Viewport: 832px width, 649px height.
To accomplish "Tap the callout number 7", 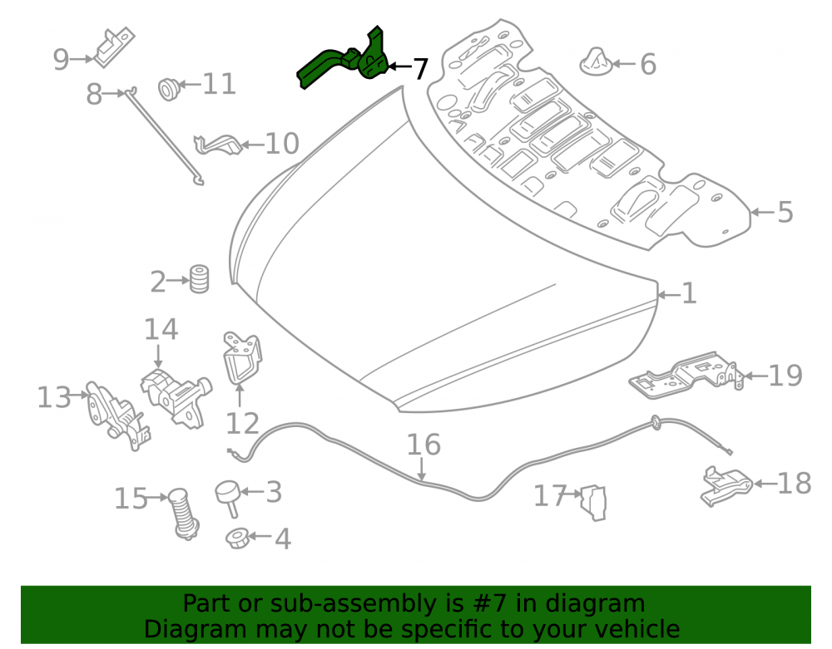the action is [419, 69].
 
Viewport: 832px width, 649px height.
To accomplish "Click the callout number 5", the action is [785, 212].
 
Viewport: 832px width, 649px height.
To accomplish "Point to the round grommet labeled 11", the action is [169, 88].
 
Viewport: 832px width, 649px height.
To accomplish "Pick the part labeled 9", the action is [114, 47].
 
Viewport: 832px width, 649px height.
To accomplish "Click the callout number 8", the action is [94, 95].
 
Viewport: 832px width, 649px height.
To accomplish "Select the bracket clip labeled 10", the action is [218, 145].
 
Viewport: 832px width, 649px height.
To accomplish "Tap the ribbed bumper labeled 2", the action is [199, 278].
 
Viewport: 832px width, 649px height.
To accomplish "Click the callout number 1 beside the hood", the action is [689, 293].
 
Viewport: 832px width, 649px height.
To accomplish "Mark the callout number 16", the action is [423, 445].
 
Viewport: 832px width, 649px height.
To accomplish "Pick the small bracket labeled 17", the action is [594, 502].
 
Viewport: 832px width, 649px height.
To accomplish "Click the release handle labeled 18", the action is [726, 484].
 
